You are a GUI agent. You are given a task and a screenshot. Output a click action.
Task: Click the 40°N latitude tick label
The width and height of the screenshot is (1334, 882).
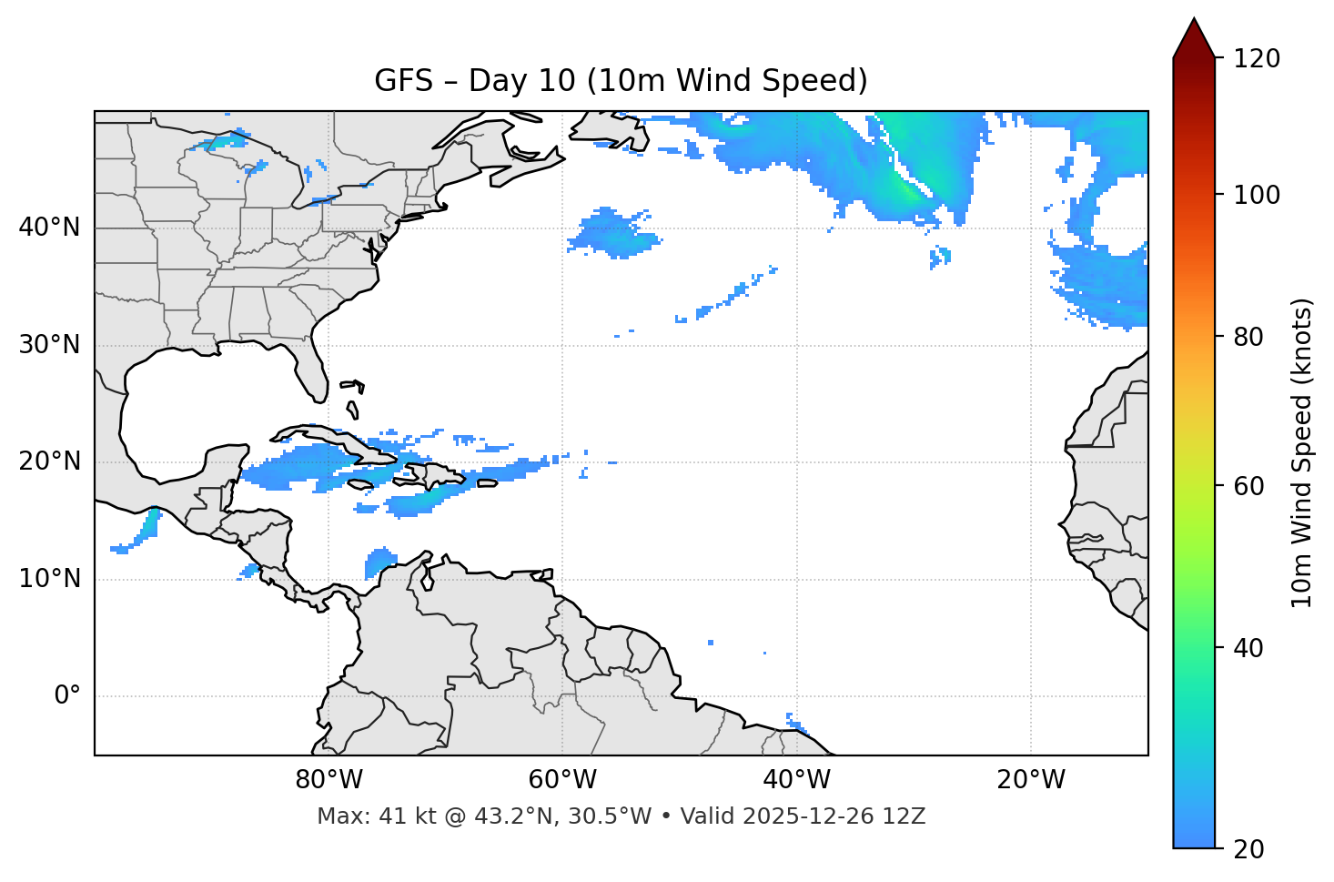coord(49,228)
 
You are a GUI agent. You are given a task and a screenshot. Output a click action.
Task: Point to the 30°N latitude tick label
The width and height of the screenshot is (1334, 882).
coord(49,345)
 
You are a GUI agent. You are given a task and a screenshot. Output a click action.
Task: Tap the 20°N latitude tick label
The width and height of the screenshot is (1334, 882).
coord(49,461)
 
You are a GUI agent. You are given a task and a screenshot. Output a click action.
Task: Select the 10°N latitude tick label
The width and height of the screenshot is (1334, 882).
coord(49,579)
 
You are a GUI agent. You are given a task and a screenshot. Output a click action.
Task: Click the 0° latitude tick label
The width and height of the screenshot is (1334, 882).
coord(67,696)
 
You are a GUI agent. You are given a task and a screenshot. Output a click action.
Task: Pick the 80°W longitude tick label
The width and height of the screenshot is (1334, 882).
coord(328,780)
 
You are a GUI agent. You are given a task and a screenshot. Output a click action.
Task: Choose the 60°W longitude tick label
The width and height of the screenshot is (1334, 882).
coord(562,780)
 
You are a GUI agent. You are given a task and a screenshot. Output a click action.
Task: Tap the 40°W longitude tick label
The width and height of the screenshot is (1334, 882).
coord(796,780)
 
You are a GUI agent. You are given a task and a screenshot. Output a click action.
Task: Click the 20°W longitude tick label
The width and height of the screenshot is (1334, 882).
coord(1030,780)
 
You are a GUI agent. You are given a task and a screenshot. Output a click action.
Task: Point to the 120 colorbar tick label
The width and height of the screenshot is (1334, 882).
coord(1257,58)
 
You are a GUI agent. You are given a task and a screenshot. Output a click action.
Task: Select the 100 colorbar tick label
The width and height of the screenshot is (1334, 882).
coord(1257,195)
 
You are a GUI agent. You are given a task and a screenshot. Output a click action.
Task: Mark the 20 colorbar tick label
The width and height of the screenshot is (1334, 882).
coord(1248,849)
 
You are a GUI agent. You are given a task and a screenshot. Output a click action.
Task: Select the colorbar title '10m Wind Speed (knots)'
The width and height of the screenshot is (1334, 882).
coord(1302,452)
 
